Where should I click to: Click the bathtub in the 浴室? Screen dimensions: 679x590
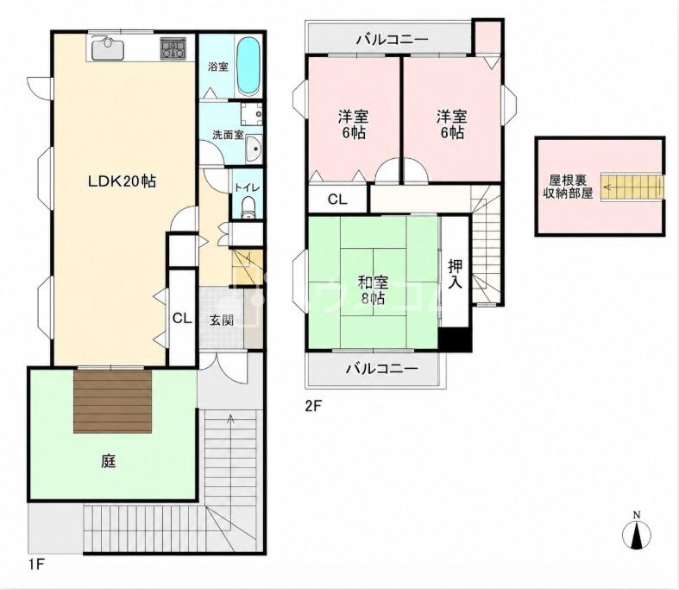[x=249, y=67]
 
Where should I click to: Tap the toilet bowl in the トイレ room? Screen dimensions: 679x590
[x=248, y=206]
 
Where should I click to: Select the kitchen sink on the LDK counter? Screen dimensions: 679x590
[x=108, y=48]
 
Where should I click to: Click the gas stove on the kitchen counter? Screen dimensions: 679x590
[x=174, y=48]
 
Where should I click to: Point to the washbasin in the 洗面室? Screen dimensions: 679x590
[x=254, y=149]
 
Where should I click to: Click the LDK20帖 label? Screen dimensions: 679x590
[x=123, y=181]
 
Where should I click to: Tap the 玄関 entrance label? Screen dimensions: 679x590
[x=222, y=320]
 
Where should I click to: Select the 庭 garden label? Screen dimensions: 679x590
[x=109, y=461]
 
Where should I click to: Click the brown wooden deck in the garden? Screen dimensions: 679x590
[x=112, y=401]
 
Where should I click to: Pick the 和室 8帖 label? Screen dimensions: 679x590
[x=372, y=290]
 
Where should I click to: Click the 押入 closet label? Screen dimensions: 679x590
[x=455, y=274]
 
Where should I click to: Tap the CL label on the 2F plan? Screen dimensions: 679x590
[x=337, y=200]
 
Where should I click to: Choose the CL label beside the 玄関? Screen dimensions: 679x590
[x=182, y=318]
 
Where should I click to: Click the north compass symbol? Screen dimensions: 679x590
[x=637, y=532]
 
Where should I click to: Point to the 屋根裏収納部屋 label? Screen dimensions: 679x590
[x=568, y=187]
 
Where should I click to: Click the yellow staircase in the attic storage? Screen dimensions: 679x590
[x=632, y=187]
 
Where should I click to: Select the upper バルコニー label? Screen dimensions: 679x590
[x=393, y=41]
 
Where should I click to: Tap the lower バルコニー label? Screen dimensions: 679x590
[x=381, y=369]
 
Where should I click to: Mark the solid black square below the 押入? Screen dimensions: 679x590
[x=455, y=339]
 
